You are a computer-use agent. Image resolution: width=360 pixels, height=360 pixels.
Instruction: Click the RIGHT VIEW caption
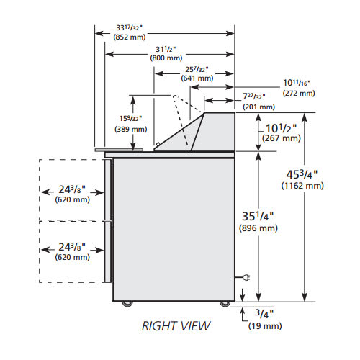pos(176,326)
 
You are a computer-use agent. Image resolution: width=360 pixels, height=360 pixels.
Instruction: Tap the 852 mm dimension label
pos(130,37)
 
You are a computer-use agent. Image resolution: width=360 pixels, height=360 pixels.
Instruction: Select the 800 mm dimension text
pos(166,58)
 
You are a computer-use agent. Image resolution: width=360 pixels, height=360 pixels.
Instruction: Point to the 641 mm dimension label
pos(197,78)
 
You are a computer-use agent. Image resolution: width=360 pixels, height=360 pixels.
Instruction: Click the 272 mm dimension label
pos(299,93)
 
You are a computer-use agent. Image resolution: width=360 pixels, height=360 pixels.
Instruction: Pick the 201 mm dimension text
pos(258,107)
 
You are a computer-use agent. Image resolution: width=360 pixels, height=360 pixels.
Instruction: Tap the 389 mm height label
pos(131,129)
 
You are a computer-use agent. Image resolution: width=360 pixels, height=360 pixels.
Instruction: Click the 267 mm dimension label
pos(282,138)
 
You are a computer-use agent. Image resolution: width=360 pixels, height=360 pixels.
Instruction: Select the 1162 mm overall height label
pos(302,186)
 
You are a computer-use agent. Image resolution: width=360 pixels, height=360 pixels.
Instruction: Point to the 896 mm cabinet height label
pos(258,228)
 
